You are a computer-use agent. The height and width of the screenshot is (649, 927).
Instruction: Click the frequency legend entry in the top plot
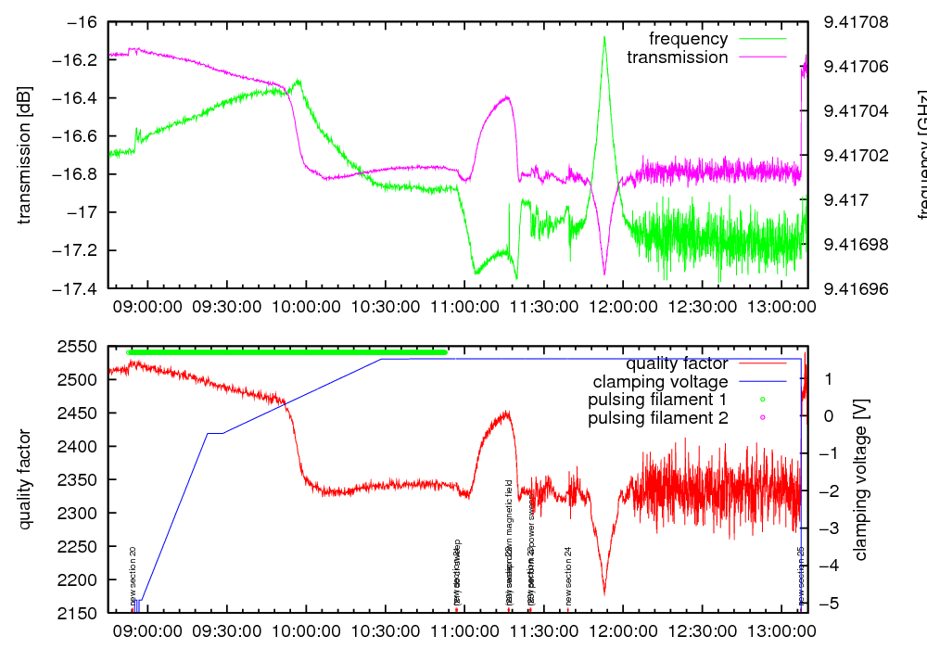click(x=689, y=39)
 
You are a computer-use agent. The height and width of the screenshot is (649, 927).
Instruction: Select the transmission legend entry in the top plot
click(x=678, y=57)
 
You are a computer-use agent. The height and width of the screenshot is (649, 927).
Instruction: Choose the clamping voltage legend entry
click(x=660, y=382)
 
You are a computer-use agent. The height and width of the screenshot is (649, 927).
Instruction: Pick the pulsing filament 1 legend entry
click(x=657, y=400)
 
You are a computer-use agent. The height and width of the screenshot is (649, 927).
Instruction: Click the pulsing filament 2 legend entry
click(x=657, y=418)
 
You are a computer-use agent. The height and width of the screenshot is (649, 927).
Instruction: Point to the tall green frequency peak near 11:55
click(x=604, y=39)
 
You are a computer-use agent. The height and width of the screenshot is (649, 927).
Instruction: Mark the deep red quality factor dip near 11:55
click(x=604, y=592)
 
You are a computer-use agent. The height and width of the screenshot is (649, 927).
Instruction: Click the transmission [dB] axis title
click(x=25, y=156)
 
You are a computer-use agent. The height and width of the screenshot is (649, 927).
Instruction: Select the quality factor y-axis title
click(x=25, y=479)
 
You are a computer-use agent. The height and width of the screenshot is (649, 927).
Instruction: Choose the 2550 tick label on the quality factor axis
click(x=83, y=347)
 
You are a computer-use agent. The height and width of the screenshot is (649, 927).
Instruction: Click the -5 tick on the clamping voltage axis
click(x=830, y=604)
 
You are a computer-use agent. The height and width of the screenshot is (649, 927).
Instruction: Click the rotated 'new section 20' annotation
click(x=133, y=576)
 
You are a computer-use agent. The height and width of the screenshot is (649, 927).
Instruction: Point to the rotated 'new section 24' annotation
click(x=568, y=576)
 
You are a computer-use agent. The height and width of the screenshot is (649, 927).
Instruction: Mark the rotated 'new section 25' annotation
click(x=801, y=576)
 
